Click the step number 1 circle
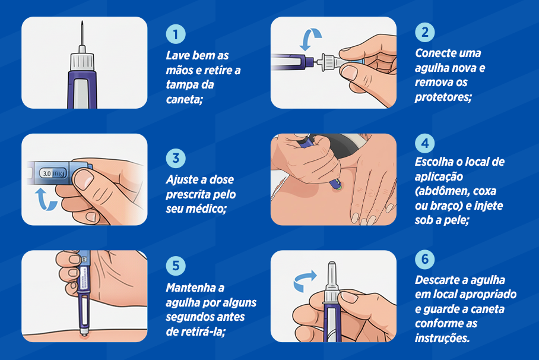point(176,34)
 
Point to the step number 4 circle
point(424,144)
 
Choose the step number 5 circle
point(176,266)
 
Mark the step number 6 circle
point(424,260)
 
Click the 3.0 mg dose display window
point(52,173)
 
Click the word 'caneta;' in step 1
point(184,99)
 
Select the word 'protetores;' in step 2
point(443,97)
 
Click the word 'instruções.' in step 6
point(442,338)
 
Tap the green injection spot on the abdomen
point(337,188)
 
